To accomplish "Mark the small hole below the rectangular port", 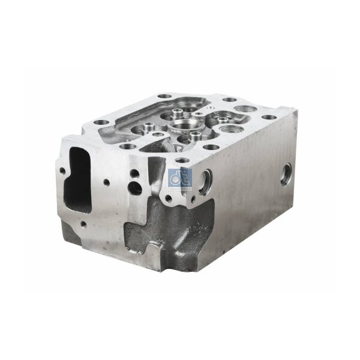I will pos(82,224).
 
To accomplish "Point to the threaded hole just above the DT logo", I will pos(181,159).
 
